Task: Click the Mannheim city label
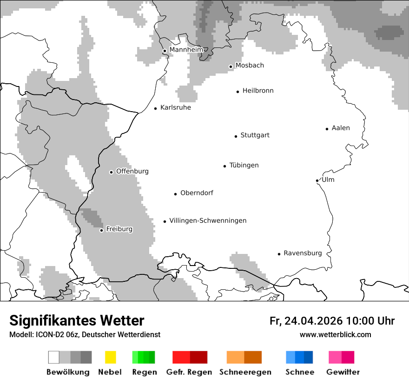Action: [x=186, y=50]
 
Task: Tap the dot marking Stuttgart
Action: [x=236, y=136]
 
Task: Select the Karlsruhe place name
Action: [x=175, y=107]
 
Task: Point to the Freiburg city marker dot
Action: [x=101, y=230]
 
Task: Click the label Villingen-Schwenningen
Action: [x=208, y=220]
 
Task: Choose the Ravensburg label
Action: [x=303, y=253]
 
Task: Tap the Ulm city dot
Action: [x=317, y=180]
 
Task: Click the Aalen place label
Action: [x=341, y=128]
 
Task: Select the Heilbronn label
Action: [x=258, y=91]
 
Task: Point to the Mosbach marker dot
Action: [x=231, y=67]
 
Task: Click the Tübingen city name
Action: [x=244, y=165]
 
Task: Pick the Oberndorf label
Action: [x=197, y=193]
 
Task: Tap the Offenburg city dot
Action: [x=111, y=172]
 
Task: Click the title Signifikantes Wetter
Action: [x=77, y=321]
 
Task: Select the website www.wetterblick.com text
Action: [x=335, y=334]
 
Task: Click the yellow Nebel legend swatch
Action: [x=110, y=357]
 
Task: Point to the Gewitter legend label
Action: [x=343, y=372]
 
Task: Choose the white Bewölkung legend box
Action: [x=54, y=357]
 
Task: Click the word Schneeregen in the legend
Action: [x=245, y=372]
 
